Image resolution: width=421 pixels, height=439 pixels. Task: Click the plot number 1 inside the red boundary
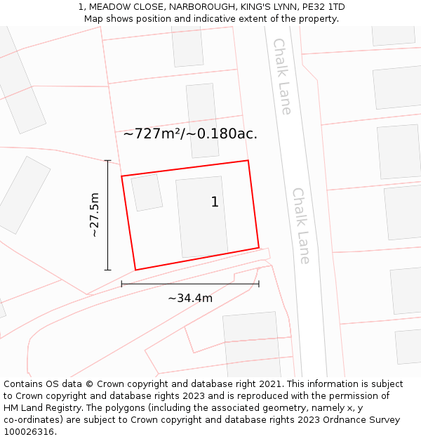coord(215,202)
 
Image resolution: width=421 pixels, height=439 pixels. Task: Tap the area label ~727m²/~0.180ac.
coord(190,133)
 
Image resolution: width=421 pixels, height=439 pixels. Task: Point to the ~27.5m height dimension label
coord(95,214)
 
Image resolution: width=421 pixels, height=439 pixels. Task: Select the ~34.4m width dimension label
coord(190,298)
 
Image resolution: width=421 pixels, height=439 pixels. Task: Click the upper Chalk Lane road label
coord(282,76)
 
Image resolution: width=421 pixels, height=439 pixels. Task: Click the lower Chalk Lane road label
coord(301,225)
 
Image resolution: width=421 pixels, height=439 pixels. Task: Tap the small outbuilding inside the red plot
coord(147,192)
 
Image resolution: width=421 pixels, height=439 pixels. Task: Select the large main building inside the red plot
coord(202,216)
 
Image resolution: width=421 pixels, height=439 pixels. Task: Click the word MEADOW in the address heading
coord(112,7)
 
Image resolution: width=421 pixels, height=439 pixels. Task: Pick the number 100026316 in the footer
coord(30,432)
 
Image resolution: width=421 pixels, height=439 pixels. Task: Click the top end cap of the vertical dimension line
coord(107,160)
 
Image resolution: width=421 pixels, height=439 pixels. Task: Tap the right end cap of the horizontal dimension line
coord(259,284)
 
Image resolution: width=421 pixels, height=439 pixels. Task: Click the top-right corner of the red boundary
coord(248,161)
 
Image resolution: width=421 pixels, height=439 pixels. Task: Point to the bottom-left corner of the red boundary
coord(135,270)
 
